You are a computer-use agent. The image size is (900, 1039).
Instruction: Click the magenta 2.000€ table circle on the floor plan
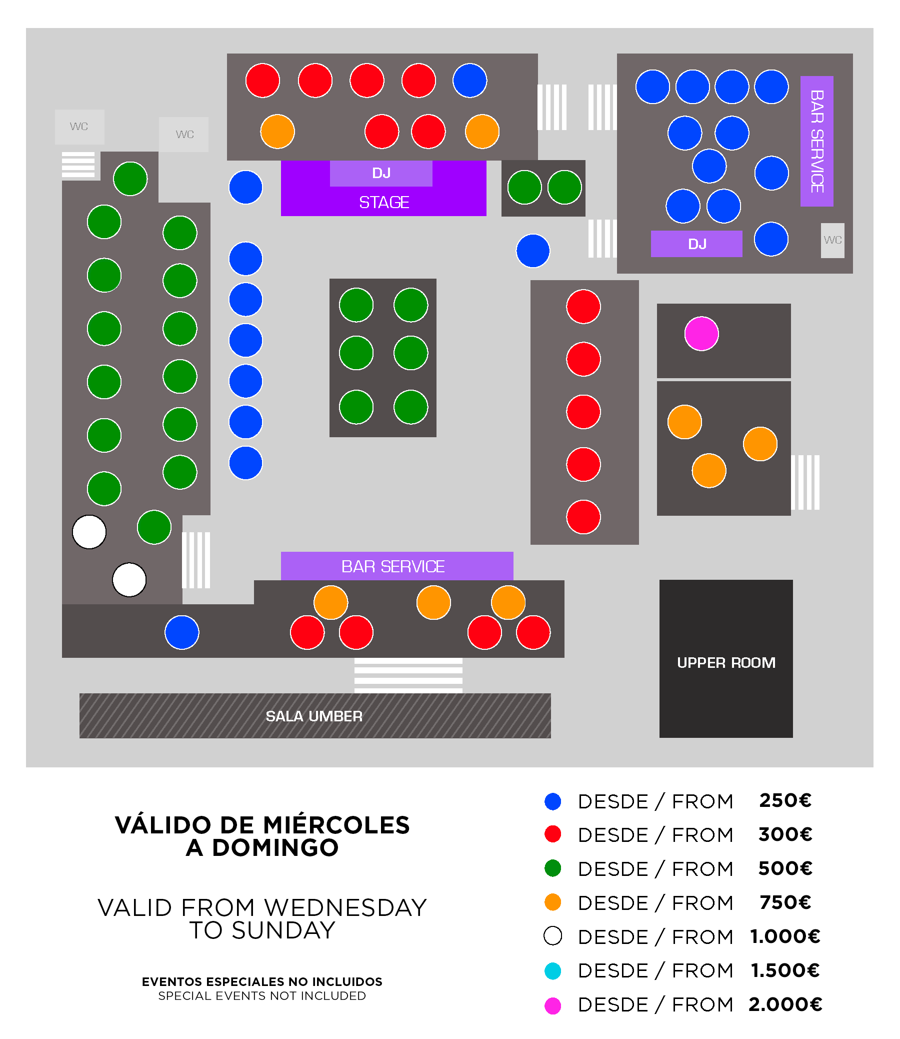click(x=701, y=334)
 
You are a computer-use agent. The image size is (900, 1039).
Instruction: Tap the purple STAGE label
click(x=383, y=202)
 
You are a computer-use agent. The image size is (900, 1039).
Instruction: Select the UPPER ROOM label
click(x=725, y=663)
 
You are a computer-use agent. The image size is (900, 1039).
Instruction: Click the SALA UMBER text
click(x=314, y=716)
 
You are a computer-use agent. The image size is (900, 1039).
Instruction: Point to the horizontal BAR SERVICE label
click(x=392, y=566)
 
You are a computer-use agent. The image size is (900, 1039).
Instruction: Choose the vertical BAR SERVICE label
click(x=817, y=141)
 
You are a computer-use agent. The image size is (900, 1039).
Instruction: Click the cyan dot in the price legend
click(x=552, y=970)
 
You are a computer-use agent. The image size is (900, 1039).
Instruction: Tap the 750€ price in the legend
click(x=785, y=902)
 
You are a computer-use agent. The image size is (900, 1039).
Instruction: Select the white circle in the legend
click(x=552, y=936)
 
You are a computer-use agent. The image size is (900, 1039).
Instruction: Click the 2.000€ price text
click(x=785, y=1004)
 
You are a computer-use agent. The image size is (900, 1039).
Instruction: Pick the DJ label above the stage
click(x=381, y=174)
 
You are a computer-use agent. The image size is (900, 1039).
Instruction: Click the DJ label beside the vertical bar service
click(x=697, y=244)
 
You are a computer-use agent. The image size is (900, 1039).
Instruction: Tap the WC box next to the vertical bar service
click(x=832, y=240)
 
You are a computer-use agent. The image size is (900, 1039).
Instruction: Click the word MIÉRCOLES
click(x=336, y=825)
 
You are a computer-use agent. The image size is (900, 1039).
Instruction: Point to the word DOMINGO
click(x=275, y=847)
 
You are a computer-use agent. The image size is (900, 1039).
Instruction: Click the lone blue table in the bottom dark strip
click(x=182, y=632)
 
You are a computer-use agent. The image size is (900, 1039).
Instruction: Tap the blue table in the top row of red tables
click(x=469, y=81)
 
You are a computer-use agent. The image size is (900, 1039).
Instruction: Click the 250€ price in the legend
click(x=785, y=800)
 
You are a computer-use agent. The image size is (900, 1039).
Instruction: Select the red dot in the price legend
click(x=552, y=834)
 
